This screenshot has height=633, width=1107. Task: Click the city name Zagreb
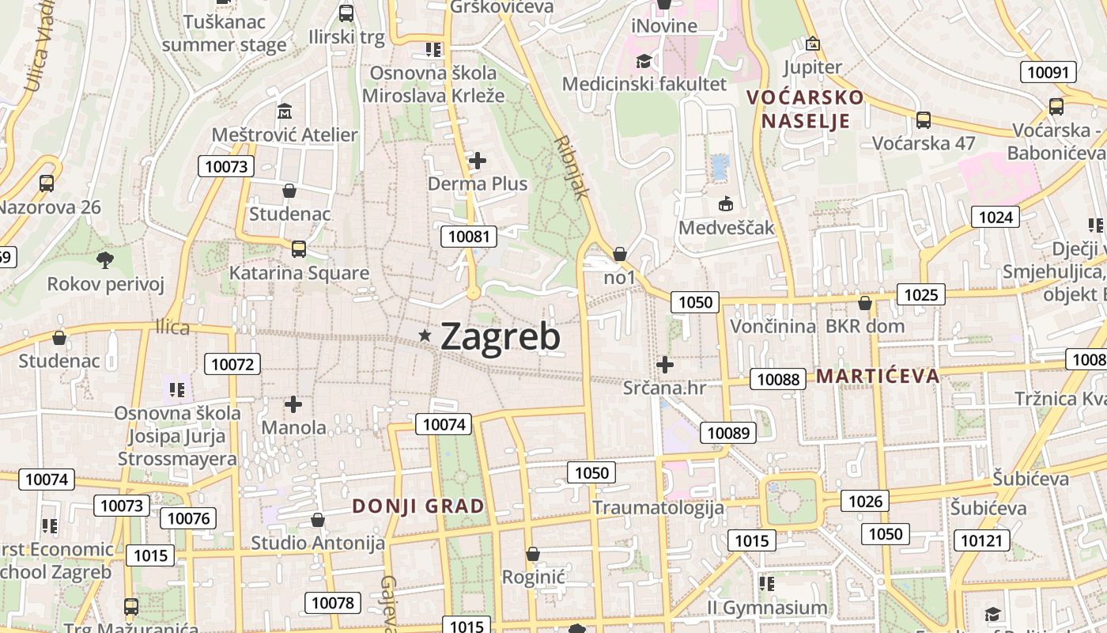(500, 337)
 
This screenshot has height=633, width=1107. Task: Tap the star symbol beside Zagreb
(425, 335)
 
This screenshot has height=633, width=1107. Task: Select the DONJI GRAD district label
(417, 506)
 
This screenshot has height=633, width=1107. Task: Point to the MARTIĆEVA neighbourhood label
(878, 376)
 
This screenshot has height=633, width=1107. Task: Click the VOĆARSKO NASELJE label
(806, 109)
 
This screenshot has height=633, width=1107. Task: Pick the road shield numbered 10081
(470, 236)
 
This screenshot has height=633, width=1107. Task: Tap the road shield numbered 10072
(232, 364)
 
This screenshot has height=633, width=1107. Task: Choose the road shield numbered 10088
(778, 379)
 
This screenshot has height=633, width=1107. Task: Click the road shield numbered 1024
(996, 217)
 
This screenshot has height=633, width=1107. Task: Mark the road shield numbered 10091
(1048, 73)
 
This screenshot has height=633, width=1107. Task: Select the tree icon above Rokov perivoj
(104, 260)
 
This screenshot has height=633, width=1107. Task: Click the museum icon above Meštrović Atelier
(285, 111)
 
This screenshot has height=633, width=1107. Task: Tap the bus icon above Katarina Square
(299, 249)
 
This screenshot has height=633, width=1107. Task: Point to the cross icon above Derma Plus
(478, 161)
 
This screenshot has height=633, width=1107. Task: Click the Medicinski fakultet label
(644, 84)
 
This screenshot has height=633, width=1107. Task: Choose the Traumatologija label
(658, 507)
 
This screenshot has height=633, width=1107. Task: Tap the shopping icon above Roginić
(533, 553)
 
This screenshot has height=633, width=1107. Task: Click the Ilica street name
(172, 328)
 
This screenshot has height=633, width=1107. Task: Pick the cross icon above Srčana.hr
(665, 365)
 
